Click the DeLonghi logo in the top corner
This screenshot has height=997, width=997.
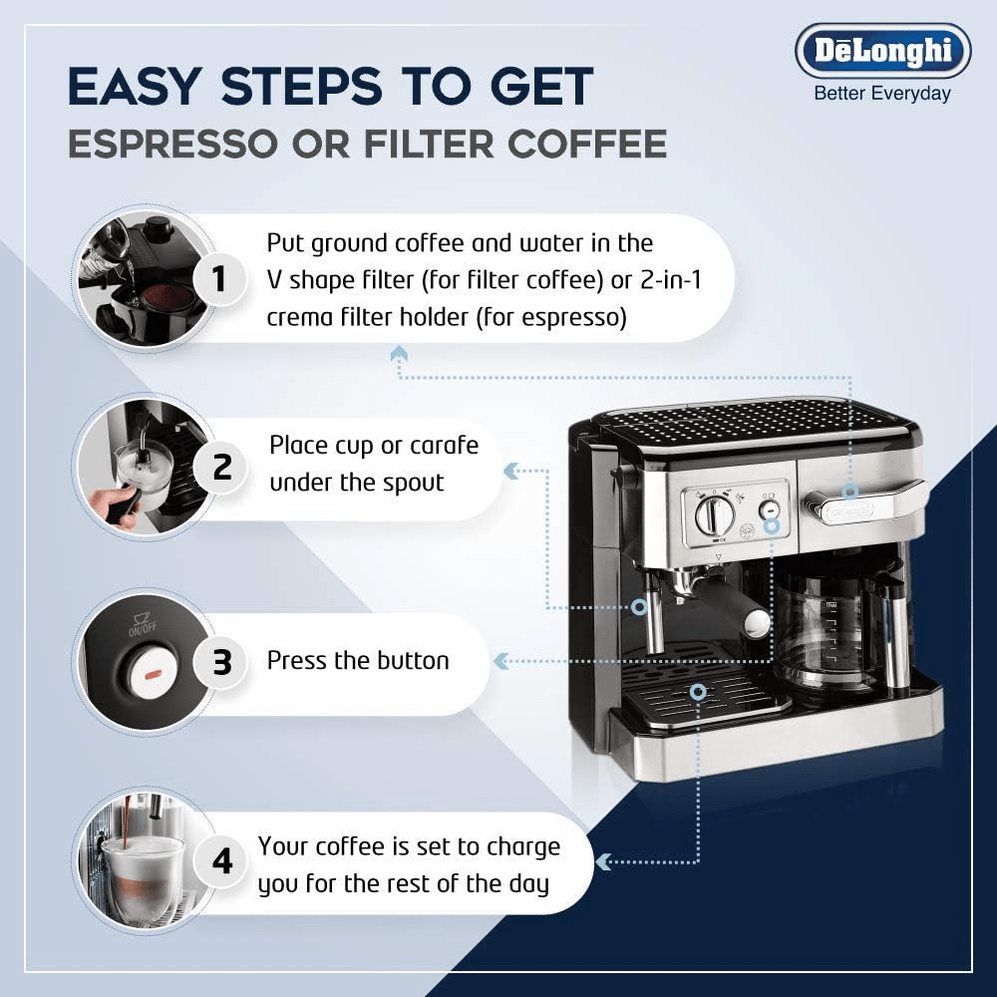point(882,50)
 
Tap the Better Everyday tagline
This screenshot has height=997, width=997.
point(882,94)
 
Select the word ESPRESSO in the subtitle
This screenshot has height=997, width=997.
point(173,144)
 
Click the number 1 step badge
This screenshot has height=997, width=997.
point(219,278)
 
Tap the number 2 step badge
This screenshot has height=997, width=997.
point(221,468)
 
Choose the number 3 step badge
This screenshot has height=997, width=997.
point(221,661)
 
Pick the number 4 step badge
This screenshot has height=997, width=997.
point(221,861)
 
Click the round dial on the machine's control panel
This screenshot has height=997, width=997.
point(708,514)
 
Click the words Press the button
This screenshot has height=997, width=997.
point(358,661)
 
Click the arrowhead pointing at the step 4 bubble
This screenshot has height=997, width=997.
point(602,862)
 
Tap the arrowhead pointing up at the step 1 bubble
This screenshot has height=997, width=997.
point(400,354)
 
